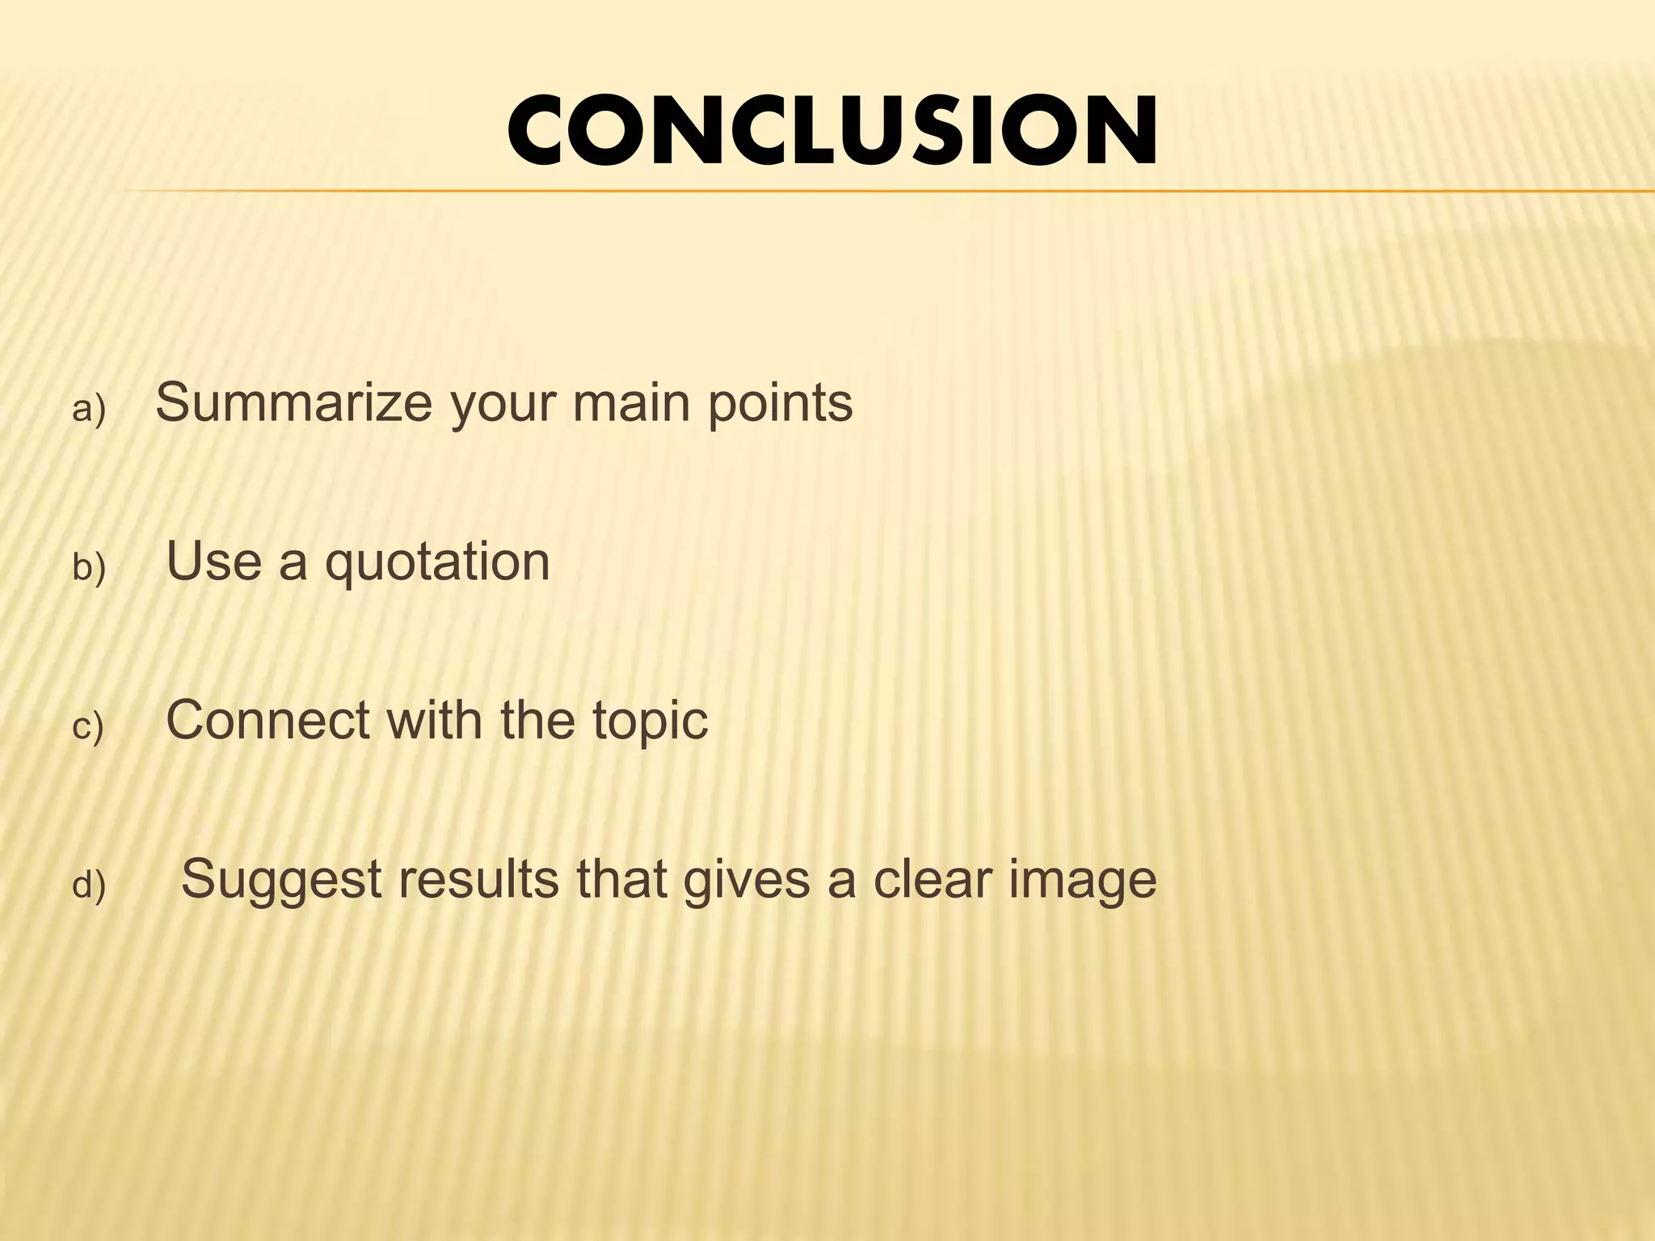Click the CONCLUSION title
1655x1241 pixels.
pos(832,131)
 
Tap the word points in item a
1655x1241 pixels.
pos(780,404)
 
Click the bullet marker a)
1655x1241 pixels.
pos(89,410)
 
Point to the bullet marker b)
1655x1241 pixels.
pos(89,568)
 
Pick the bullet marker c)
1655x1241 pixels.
pos(88,727)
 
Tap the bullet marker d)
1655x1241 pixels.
pos(89,886)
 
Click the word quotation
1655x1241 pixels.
pos(437,562)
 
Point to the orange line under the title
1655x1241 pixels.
pos(889,191)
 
